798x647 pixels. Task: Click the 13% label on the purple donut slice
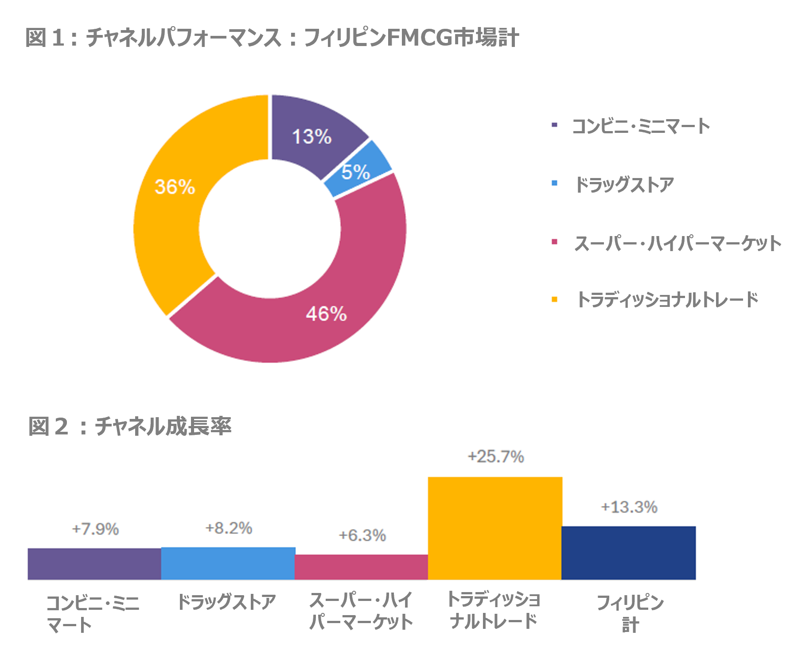tap(311, 136)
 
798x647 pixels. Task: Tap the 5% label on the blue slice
tap(355, 172)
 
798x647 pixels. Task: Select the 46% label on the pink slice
tap(326, 314)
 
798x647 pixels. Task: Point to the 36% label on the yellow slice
tap(175, 186)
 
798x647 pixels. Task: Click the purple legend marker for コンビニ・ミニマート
tap(554, 125)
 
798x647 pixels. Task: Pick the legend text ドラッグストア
tap(624, 184)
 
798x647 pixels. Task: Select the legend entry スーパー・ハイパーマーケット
tap(677, 243)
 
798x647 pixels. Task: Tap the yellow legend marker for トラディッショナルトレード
tap(554, 299)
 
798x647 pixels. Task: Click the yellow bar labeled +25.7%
tap(495, 528)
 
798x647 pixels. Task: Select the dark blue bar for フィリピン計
tap(628, 553)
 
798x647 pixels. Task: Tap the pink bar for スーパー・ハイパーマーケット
tap(361, 567)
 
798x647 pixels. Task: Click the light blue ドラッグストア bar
tap(228, 563)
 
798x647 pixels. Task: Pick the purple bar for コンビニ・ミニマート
tap(94, 564)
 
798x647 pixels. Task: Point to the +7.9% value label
tap(95, 529)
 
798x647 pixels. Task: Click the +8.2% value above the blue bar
tap(229, 528)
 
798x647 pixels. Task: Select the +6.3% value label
tap(362, 535)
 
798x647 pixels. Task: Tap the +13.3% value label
tap(629, 507)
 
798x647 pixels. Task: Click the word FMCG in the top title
tap(419, 37)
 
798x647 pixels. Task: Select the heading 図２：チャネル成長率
tap(129, 426)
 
